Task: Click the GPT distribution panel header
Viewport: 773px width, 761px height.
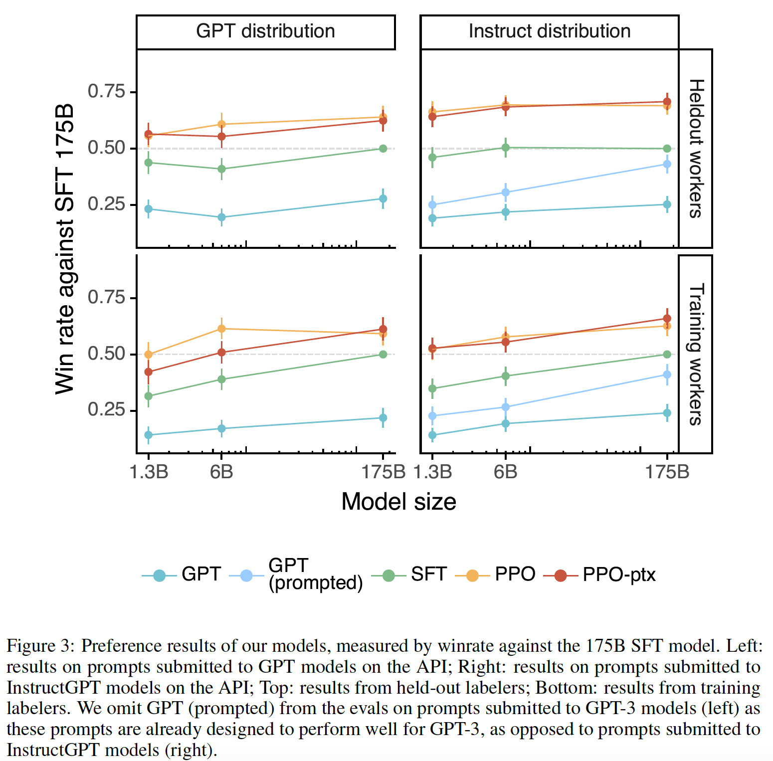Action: pos(265,31)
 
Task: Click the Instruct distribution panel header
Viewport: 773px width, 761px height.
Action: pos(549,31)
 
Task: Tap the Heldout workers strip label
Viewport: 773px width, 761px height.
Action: pos(696,148)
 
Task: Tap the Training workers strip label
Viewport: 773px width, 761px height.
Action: pos(696,354)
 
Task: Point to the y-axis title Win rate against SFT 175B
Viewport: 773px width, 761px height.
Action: pos(65,249)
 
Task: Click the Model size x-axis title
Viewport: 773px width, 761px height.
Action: pos(398,502)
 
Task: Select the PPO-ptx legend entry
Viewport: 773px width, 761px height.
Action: pos(618,574)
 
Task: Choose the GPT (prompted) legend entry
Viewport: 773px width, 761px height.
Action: pos(315,574)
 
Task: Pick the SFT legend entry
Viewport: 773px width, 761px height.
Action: pos(428,574)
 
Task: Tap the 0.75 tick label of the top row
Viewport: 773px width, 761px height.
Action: pos(106,92)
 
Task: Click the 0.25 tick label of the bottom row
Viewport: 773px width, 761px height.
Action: pos(106,410)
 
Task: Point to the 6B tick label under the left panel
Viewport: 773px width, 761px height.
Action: pos(221,471)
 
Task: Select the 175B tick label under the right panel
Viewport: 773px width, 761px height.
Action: pos(667,471)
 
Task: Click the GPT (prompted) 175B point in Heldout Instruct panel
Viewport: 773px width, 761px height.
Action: pos(667,164)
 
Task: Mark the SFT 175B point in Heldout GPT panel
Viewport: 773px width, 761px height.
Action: pos(383,149)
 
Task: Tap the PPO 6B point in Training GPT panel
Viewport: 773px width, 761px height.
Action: pos(221,329)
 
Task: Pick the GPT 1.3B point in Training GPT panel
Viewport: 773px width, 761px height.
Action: pos(148,435)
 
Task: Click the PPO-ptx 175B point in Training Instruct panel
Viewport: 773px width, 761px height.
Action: pos(667,318)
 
